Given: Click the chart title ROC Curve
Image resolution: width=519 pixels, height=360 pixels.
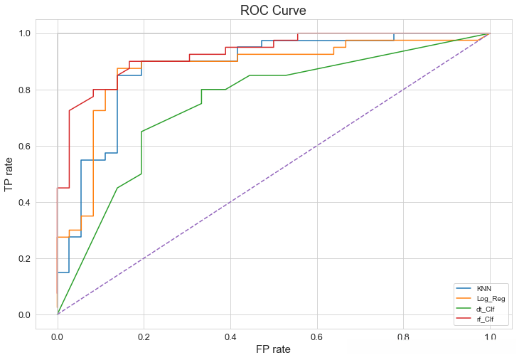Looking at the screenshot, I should (273, 11).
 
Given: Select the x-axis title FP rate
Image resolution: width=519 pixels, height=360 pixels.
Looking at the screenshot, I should (273, 349).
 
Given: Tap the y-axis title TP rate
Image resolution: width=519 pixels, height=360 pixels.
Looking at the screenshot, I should (9, 174).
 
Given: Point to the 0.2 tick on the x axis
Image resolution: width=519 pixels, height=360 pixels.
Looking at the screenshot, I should (144, 337).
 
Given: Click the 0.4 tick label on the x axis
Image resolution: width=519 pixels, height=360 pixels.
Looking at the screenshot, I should (230, 337).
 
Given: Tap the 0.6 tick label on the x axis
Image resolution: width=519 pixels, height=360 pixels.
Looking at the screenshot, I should (316, 337).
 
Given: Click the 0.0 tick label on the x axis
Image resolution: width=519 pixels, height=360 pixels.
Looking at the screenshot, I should (58, 337).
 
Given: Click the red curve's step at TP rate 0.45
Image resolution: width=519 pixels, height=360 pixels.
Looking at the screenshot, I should (63, 188).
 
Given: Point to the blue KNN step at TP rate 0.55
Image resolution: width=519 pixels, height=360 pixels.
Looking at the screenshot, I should (93, 160).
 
